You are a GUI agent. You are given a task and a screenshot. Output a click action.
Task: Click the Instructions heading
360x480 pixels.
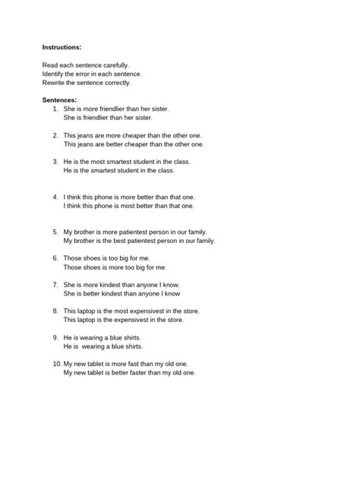(x=66, y=47)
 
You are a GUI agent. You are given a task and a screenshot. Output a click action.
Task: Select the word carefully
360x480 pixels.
(x=112, y=66)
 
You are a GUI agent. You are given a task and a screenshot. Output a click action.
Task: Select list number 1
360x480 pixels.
(x=55, y=109)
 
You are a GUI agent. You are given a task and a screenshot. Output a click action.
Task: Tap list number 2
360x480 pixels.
(x=55, y=135)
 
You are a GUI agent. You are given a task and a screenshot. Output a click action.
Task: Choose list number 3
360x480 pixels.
(x=55, y=162)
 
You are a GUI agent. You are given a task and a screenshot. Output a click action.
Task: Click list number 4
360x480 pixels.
(x=55, y=197)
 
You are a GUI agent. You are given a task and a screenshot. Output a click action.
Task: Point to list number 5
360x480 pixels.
(x=55, y=232)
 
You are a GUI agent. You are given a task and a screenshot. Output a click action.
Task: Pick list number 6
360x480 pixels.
(x=55, y=258)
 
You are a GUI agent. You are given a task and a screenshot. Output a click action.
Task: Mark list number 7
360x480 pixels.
(x=55, y=284)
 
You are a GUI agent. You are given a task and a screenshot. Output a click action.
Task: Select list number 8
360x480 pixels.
(x=55, y=311)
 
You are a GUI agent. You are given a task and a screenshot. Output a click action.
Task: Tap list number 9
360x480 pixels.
(x=55, y=337)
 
